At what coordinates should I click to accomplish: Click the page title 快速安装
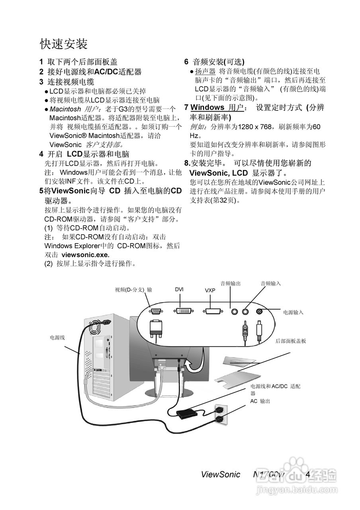(x=64, y=43)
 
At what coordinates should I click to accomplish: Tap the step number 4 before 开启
(x=41, y=154)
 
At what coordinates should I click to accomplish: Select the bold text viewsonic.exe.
(x=85, y=254)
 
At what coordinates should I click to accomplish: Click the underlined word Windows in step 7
(x=207, y=108)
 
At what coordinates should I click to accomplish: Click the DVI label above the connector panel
(x=179, y=289)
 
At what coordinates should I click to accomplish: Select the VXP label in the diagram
(x=210, y=290)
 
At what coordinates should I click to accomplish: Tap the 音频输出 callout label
(x=231, y=283)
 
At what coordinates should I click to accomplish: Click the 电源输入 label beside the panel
(x=293, y=312)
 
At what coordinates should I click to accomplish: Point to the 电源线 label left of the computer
(x=57, y=337)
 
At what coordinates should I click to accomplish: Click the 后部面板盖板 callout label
(x=291, y=341)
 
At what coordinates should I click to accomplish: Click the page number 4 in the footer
(x=307, y=474)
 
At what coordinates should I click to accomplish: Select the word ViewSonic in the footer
(x=221, y=474)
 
